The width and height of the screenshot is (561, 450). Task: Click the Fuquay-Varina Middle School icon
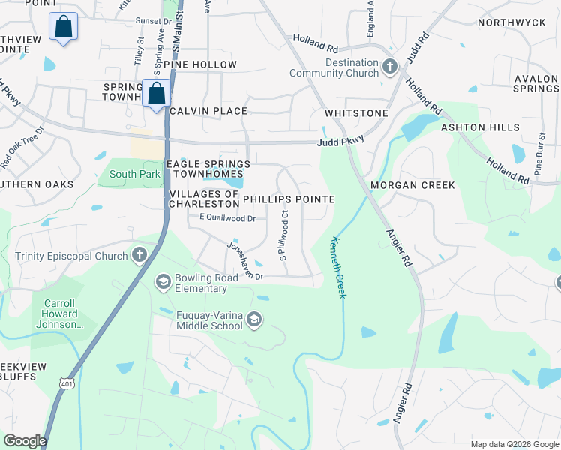pos(254,320)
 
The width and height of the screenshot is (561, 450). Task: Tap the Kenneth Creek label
pos(337,268)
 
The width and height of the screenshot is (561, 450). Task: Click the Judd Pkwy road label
pos(341,139)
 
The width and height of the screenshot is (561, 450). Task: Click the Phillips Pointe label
pos(289,199)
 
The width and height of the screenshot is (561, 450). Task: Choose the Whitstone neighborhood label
pos(356,113)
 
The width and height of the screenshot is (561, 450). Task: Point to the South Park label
pos(124,175)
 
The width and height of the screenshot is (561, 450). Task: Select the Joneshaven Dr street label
pos(245,260)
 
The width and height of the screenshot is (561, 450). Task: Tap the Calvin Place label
pos(208,111)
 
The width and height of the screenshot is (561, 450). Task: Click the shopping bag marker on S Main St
pos(157,95)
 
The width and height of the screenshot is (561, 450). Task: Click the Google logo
pos(25,441)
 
